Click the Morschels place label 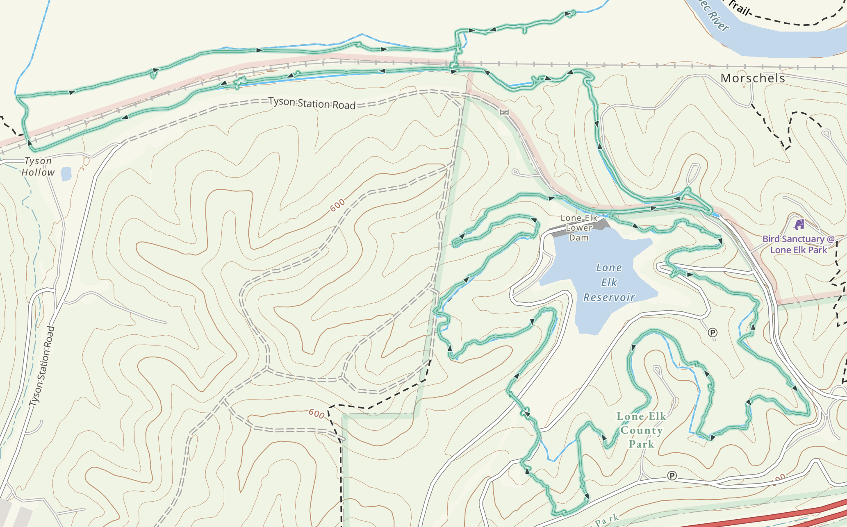click(x=753, y=78)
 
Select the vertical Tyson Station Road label click(x=42, y=366)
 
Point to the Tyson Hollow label click(x=38, y=167)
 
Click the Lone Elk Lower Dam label click(x=578, y=228)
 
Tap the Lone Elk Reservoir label click(x=609, y=282)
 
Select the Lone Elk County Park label click(x=641, y=430)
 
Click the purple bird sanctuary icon click(x=799, y=224)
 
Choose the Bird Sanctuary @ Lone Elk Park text click(x=798, y=244)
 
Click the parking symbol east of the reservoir click(x=713, y=333)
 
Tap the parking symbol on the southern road click(x=672, y=476)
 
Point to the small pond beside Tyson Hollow click(x=66, y=174)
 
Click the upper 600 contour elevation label click(x=337, y=205)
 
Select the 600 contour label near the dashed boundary click(x=316, y=413)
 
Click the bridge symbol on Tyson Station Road click(x=504, y=112)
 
